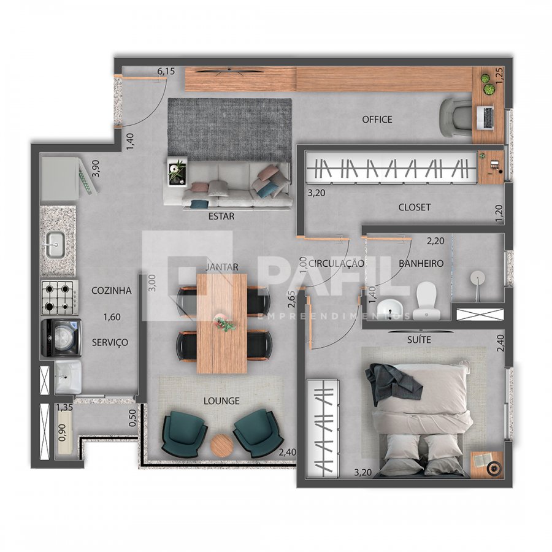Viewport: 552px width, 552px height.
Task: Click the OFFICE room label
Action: tap(377, 120)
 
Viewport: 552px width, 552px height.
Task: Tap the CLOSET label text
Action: tap(415, 207)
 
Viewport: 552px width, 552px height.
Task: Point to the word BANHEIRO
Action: tap(421, 263)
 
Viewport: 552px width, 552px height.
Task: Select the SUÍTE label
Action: tap(419, 340)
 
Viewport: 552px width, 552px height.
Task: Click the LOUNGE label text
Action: tap(221, 401)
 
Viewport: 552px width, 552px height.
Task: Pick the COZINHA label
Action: tap(111, 291)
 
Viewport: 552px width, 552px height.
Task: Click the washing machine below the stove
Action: tap(61, 338)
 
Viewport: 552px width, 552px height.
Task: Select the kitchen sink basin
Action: tap(55, 244)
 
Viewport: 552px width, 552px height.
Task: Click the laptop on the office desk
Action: tap(486, 118)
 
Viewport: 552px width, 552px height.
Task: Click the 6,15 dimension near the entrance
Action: tap(166, 72)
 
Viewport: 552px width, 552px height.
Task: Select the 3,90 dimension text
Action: tap(96, 169)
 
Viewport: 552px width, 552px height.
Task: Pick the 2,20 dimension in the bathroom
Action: tap(435, 241)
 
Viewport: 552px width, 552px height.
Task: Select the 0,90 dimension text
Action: tap(63, 432)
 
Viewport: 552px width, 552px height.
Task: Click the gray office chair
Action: tap(455, 118)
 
